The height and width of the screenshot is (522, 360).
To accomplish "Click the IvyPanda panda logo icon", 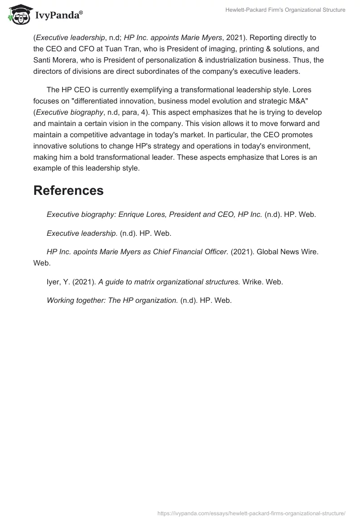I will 18,15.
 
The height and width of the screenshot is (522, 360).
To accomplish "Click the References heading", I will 68,190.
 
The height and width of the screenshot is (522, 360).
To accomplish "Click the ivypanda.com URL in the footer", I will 251,513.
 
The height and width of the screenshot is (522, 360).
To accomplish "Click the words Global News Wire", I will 282,252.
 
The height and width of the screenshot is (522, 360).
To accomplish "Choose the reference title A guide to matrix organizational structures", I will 169,282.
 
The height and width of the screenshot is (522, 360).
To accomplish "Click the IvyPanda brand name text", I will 58,16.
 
